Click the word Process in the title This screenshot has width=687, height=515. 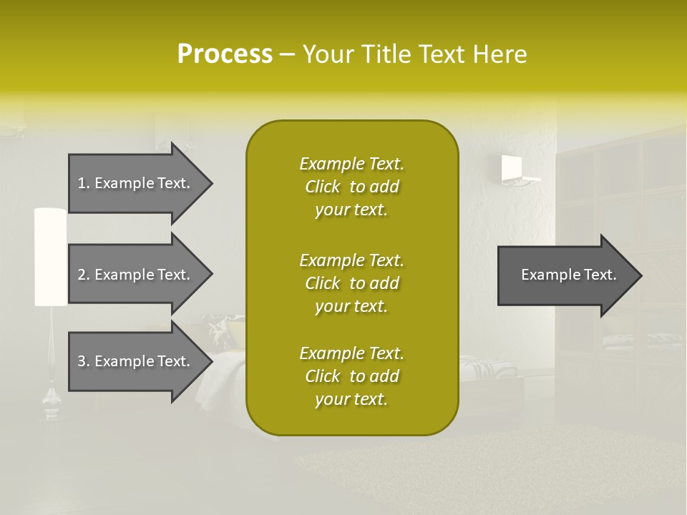pyautogui.click(x=225, y=54)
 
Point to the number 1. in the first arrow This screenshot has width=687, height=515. pyautogui.click(x=84, y=183)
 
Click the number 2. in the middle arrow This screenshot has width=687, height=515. pyautogui.click(x=84, y=275)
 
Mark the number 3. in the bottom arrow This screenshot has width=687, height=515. pyautogui.click(x=84, y=361)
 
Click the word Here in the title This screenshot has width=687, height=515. pyautogui.click(x=500, y=54)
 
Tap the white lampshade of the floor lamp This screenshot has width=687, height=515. pyautogui.click(x=50, y=256)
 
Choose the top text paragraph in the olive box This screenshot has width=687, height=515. pyautogui.click(x=351, y=187)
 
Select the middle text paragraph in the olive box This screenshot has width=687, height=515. pyautogui.click(x=351, y=283)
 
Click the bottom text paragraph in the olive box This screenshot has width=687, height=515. pyautogui.click(x=351, y=376)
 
